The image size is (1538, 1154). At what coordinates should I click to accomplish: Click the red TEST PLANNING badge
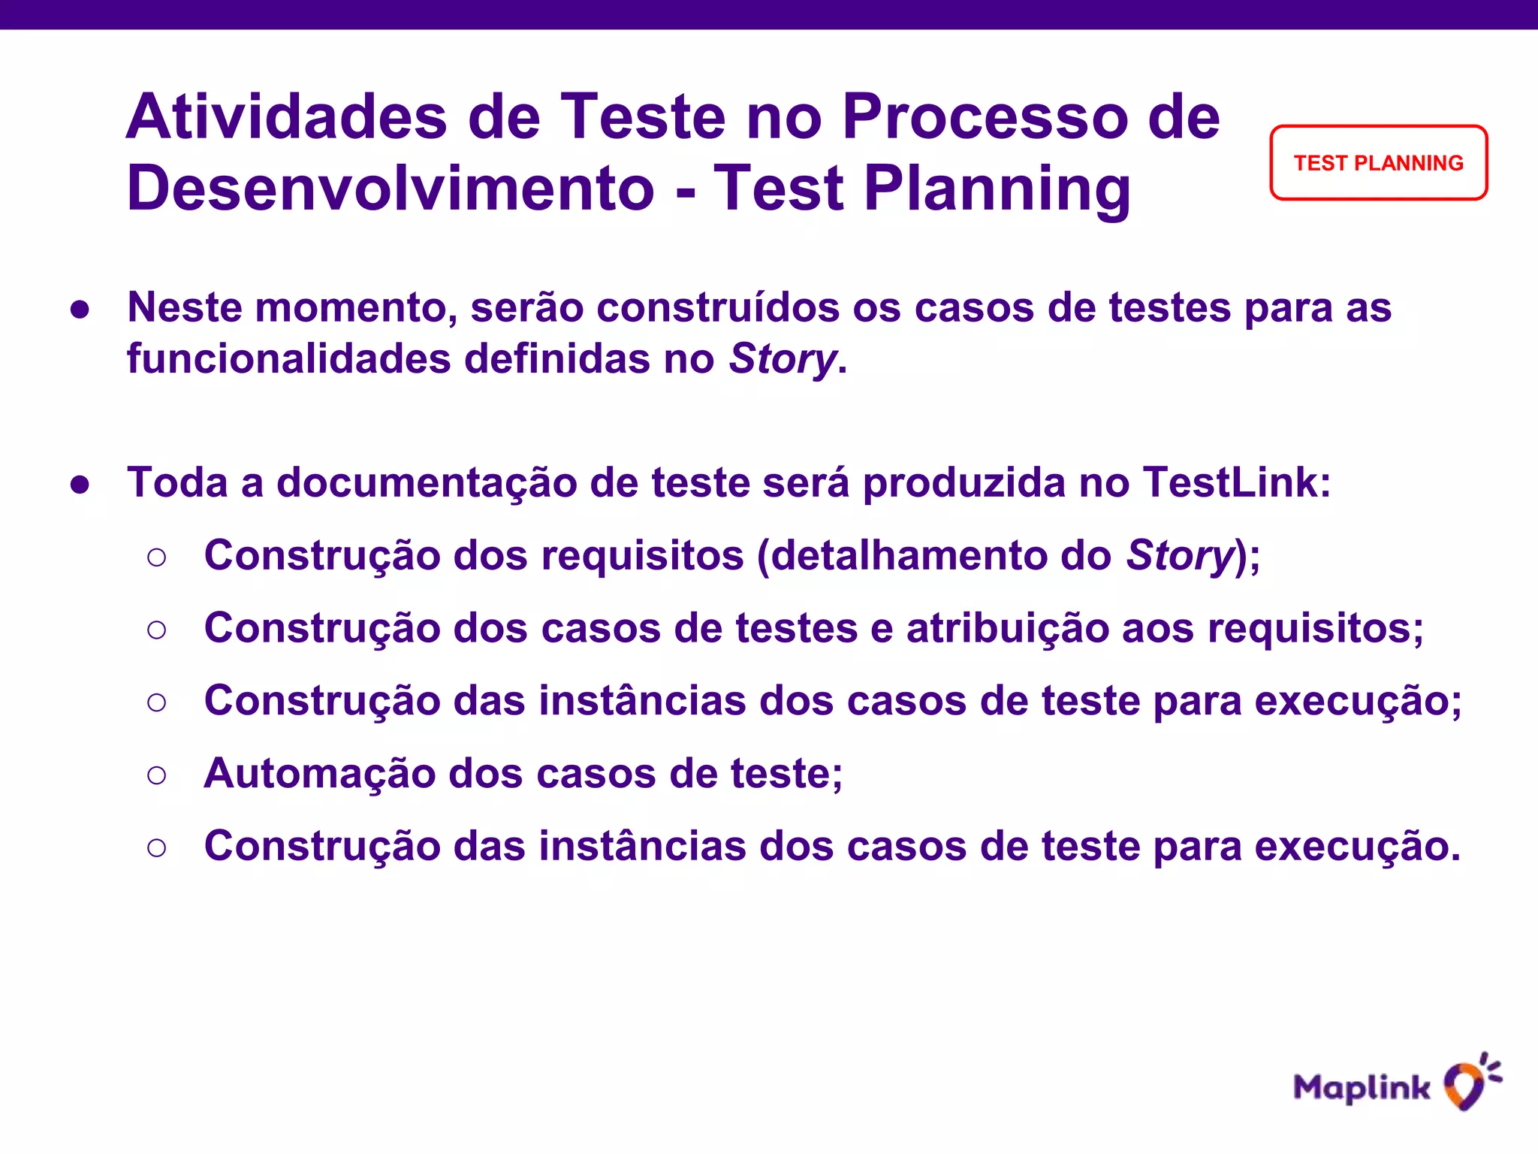1378,163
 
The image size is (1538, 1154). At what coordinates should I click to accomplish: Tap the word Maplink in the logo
1362,1087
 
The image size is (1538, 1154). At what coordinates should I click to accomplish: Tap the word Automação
319,773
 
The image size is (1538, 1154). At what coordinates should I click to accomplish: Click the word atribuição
1007,628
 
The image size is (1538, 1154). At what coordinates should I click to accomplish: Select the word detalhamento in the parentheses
908,555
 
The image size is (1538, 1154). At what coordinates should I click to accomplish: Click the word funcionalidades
288,358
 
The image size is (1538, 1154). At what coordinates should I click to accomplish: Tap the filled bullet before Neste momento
80,310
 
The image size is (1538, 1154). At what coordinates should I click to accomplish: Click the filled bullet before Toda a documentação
80,485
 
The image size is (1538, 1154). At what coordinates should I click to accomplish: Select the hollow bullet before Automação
156,775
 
